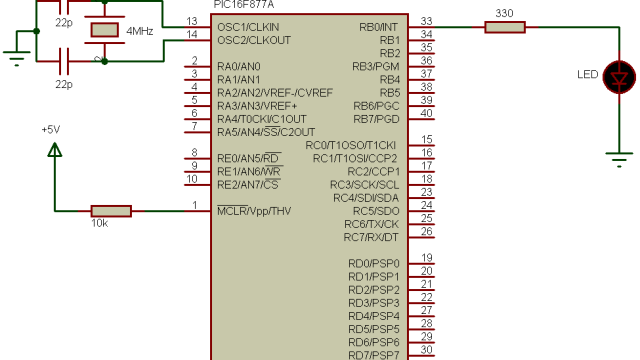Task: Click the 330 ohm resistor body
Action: pos(504,27)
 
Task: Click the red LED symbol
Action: pos(622,76)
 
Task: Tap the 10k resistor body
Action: pos(110,211)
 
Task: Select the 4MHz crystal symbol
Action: pos(104,31)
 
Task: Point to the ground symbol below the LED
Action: pos(622,158)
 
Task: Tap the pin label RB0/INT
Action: pos(379,27)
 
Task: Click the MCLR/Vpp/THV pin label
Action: pos(254,211)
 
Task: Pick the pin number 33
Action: pos(427,21)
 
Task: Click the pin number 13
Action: pos(192,21)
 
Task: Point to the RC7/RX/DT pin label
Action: pos(371,237)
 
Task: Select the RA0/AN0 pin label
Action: pos(239,66)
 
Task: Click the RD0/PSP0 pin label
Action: pos(373,263)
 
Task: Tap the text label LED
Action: pos(589,74)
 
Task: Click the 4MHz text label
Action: pos(139,32)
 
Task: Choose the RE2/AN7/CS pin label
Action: pos(247,185)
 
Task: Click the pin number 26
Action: pos(427,231)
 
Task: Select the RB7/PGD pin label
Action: pos(376,119)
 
